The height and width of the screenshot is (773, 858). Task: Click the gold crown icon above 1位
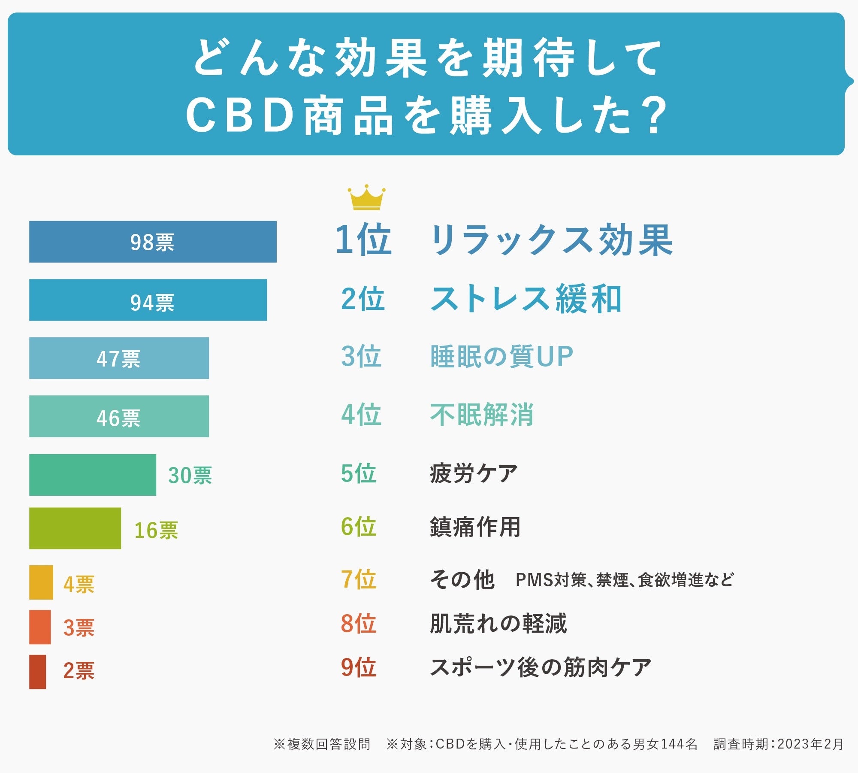[366, 198]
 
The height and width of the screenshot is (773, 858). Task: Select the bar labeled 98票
[153, 242]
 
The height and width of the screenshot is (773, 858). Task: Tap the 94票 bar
[148, 300]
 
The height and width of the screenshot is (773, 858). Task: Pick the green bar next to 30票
[93, 475]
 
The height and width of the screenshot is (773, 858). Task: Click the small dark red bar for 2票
[38, 672]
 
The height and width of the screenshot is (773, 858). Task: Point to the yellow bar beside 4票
[41, 582]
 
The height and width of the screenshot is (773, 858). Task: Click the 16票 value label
[156, 530]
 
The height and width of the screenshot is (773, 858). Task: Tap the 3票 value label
[79, 627]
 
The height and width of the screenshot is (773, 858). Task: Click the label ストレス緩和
[526, 299]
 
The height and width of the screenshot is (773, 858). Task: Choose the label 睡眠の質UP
[502, 357]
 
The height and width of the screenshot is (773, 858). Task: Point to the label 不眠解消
[482, 415]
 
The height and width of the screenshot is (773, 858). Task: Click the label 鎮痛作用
[475, 527]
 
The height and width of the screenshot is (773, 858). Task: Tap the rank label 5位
[359, 473]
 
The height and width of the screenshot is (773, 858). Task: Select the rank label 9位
[359, 668]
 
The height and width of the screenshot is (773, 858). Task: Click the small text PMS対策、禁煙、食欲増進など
[624, 580]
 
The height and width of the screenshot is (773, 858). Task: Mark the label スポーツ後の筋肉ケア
[541, 668]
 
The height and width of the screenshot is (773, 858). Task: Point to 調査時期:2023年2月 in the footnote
[779, 744]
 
